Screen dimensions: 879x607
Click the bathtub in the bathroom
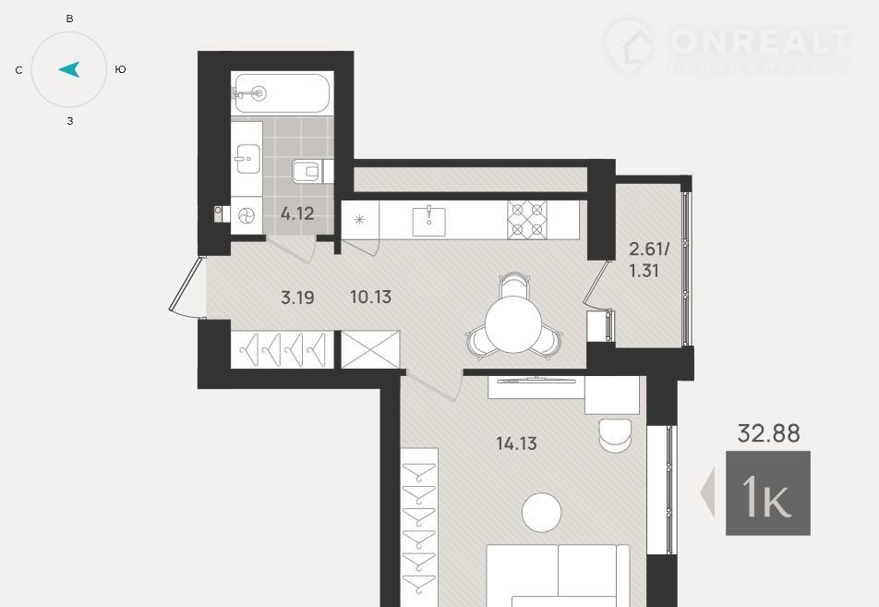(282, 93)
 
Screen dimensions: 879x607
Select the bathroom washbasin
(247, 159)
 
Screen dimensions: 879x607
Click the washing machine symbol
(247, 215)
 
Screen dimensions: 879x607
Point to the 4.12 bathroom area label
(297, 213)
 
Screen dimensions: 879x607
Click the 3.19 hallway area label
(297, 297)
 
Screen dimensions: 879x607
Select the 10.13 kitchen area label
(370, 297)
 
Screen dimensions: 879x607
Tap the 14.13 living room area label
(516, 443)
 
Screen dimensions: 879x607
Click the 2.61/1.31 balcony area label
(649, 260)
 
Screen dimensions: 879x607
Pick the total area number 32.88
(768, 433)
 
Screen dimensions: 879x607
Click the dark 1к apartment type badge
(768, 493)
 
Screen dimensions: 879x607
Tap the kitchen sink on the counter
(428, 221)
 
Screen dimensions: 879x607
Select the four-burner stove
(527, 220)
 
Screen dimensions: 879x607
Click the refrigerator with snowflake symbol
(360, 220)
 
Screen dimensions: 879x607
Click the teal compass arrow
(70, 69)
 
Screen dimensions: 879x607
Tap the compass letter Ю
(120, 69)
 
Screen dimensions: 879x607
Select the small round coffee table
(541, 512)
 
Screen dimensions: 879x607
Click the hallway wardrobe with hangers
(283, 349)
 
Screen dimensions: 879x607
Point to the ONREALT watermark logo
(729, 47)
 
